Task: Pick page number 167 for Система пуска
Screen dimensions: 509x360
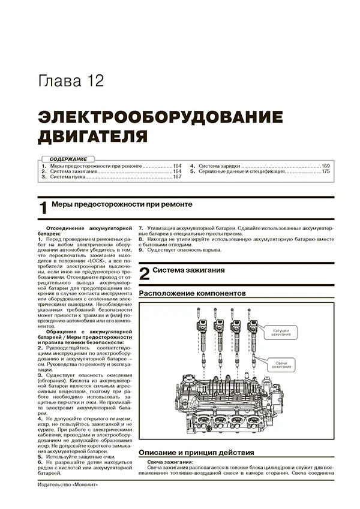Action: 177,177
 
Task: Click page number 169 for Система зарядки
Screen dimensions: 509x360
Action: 326,165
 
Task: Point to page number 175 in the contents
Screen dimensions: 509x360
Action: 326,171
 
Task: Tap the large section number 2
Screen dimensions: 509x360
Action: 144,275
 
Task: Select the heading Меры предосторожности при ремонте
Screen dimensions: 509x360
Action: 122,204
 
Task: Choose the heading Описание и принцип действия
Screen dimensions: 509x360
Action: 196,453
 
